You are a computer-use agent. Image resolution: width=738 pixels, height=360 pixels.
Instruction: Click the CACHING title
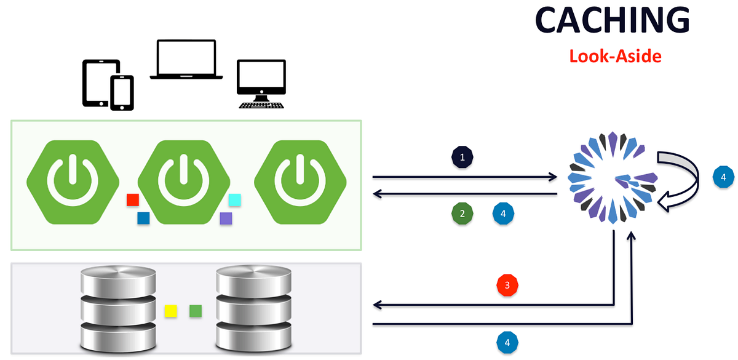(612, 22)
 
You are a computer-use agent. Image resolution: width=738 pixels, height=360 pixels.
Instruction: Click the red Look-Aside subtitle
(614, 57)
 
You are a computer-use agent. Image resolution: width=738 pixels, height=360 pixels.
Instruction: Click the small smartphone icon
(122, 93)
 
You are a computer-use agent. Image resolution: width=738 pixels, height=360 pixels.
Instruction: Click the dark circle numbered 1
(462, 158)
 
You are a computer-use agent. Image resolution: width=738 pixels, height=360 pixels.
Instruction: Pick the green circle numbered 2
(462, 214)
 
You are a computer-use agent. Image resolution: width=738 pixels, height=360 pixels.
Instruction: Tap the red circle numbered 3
(507, 286)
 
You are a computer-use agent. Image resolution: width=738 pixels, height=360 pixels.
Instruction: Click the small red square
(132, 200)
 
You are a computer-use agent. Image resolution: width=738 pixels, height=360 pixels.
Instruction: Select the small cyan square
(234, 200)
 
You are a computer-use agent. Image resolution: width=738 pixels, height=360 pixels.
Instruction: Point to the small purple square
(226, 218)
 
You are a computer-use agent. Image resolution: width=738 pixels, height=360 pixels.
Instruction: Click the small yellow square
(170, 311)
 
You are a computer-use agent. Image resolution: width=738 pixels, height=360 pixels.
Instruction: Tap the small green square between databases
(196, 311)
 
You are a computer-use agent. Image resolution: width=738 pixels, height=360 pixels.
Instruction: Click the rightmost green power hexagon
(300, 182)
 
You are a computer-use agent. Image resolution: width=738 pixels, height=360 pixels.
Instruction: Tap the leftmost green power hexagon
(73, 182)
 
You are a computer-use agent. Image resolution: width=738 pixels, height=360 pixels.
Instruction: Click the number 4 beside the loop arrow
(723, 177)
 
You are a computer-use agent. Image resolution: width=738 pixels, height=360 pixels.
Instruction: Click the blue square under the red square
(143, 218)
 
